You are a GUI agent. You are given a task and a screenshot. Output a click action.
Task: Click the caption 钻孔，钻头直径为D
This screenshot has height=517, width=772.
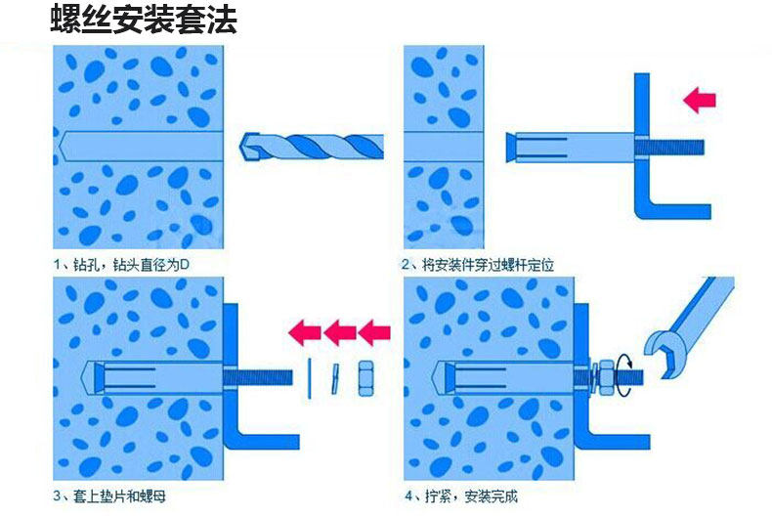coord(128,264)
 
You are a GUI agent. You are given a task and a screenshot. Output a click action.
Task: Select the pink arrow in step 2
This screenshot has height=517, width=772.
coord(699,99)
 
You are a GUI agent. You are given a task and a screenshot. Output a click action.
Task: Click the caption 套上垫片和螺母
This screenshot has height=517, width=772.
coord(116,496)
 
